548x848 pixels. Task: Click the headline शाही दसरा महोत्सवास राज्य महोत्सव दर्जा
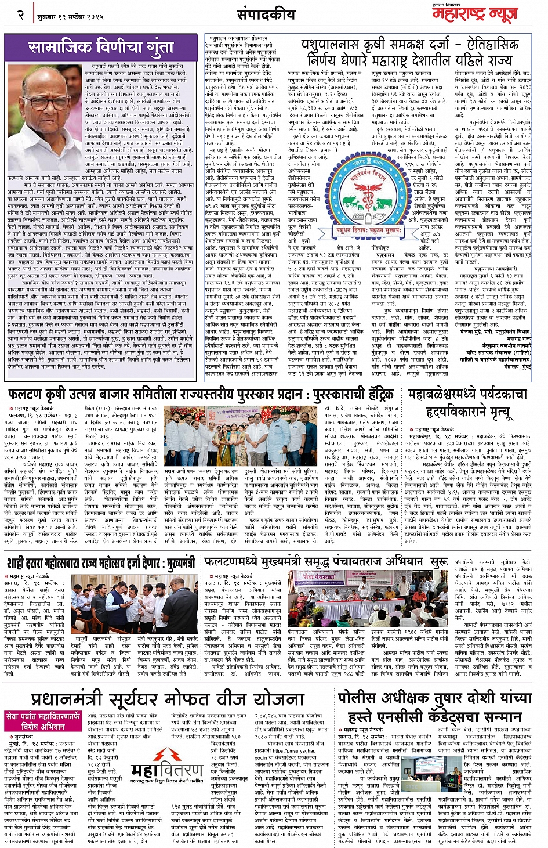coord(101,563)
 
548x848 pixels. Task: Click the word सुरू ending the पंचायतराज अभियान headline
coord(438,562)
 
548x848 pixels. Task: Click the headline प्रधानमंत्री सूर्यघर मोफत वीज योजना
coord(168,699)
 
